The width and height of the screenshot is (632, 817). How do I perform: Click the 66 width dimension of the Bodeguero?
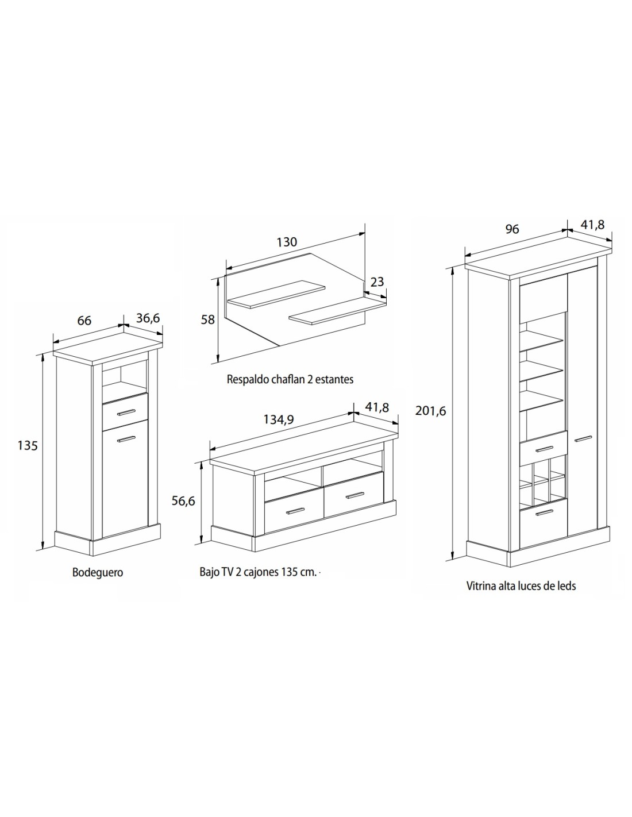(84, 321)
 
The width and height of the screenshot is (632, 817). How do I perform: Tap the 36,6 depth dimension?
(148, 318)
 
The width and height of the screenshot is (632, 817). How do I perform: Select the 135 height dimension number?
(28, 446)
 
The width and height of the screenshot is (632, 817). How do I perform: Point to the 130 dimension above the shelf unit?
(287, 242)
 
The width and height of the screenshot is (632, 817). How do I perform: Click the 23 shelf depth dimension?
(377, 282)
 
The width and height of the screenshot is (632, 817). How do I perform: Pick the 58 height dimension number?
(208, 319)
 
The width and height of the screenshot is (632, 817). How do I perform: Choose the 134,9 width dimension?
(279, 419)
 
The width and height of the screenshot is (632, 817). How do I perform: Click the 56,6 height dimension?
(183, 501)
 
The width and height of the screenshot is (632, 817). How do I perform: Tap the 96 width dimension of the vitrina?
(512, 229)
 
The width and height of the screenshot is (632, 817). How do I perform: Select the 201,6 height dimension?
(430, 411)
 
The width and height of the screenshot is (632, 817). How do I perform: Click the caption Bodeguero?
(98, 572)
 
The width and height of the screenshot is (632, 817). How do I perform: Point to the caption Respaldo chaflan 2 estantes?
(290, 379)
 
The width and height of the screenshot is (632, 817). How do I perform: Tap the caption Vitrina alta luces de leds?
(521, 586)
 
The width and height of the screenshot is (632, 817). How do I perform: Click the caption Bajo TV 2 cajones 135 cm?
(258, 572)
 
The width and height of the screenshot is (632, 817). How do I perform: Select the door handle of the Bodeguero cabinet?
(126, 439)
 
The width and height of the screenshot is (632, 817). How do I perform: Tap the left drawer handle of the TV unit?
(295, 510)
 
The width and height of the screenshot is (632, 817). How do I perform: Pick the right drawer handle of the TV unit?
(355, 495)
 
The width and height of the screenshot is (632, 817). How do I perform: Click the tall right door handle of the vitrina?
(583, 438)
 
